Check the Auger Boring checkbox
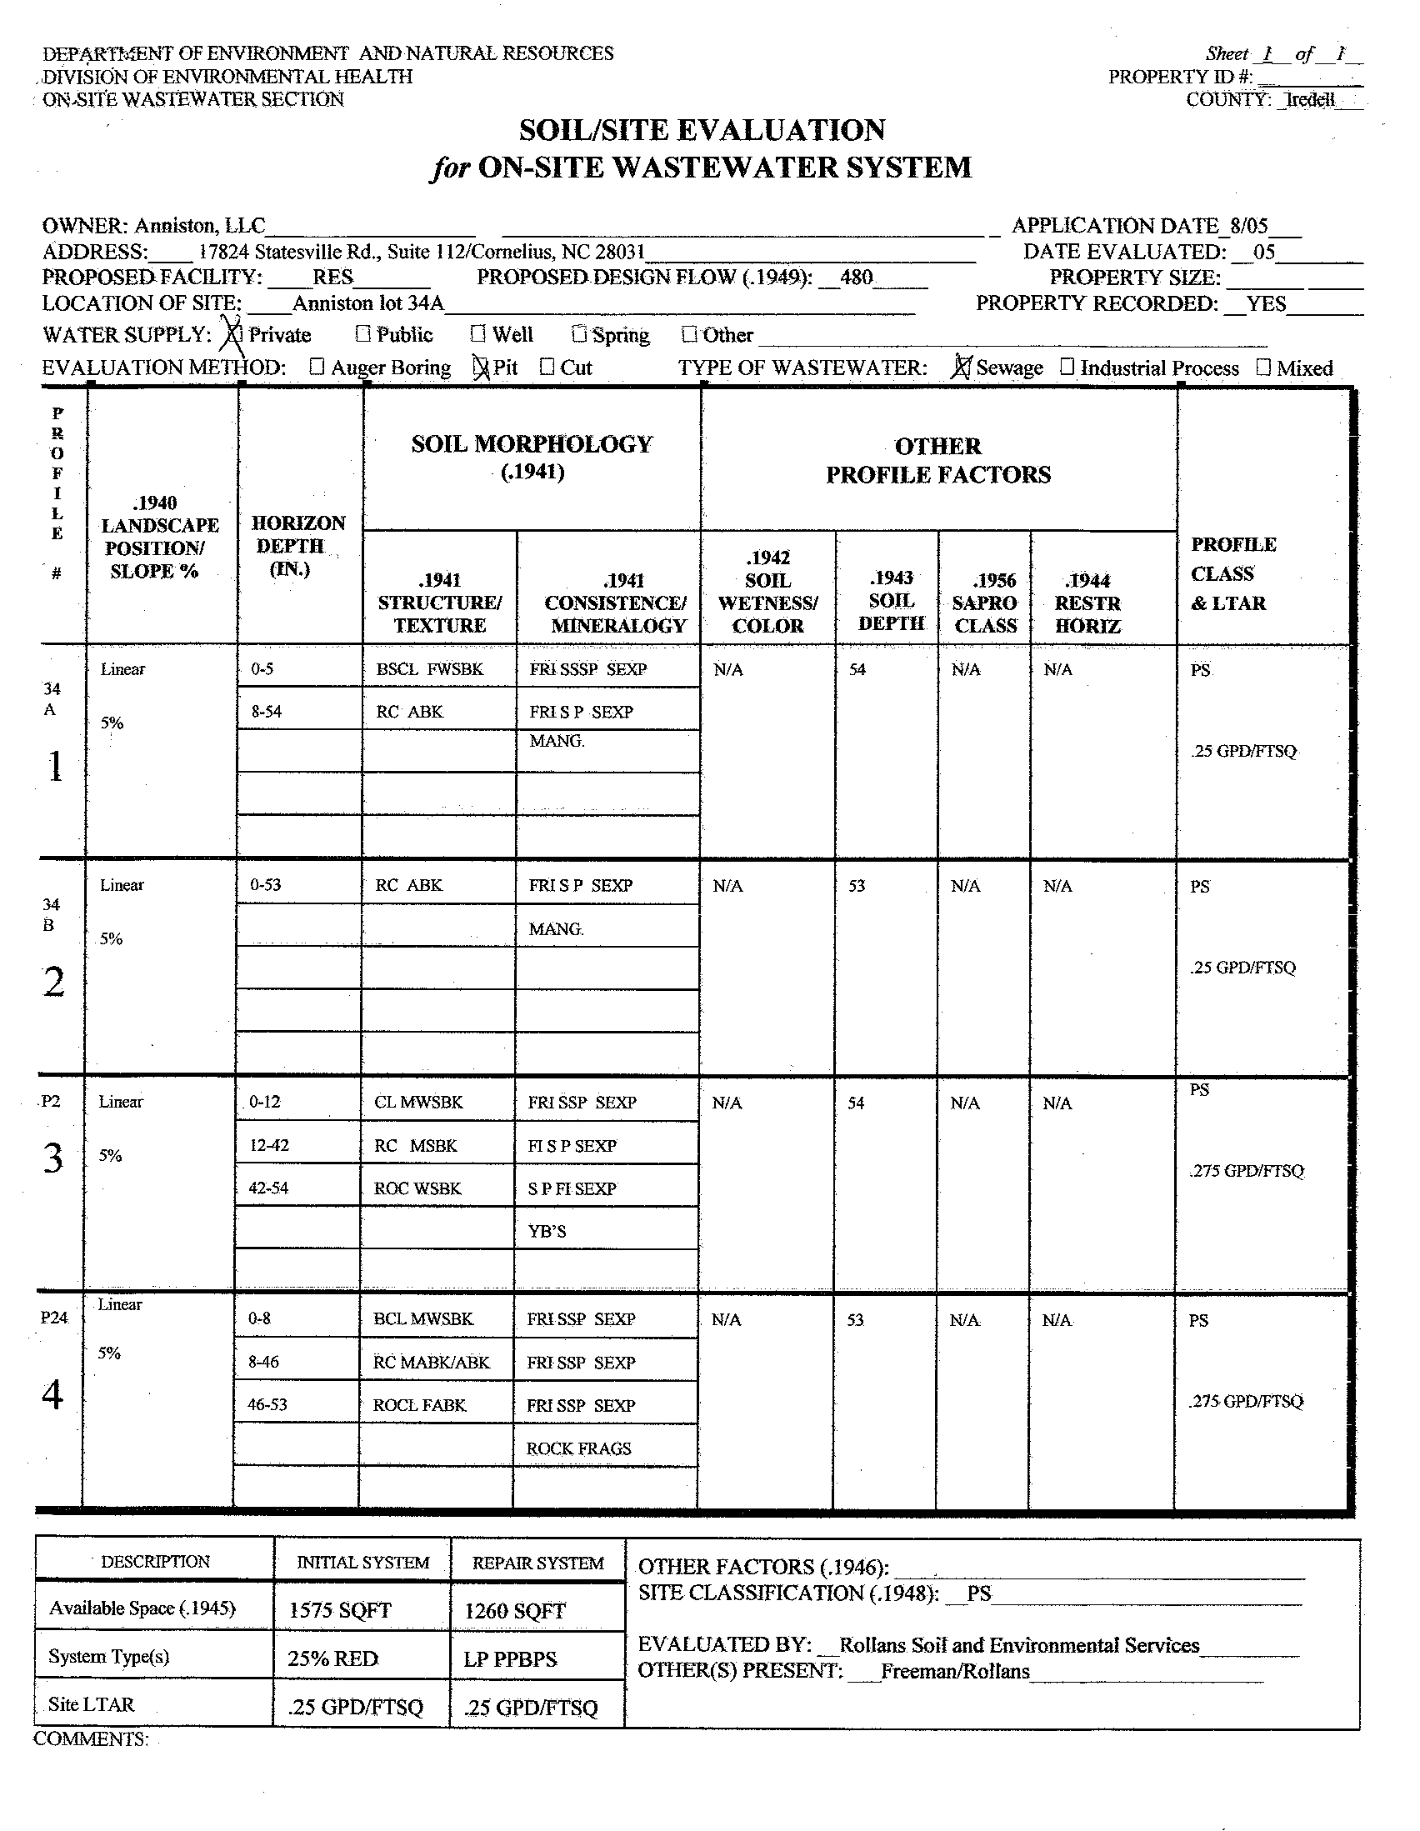[317, 367]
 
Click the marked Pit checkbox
[481, 368]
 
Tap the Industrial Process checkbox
[1067, 367]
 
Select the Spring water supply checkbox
[579, 333]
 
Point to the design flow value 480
[856, 277]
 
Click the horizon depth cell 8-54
[267, 712]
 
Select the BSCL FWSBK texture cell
[430, 669]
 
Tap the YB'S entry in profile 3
[547, 1231]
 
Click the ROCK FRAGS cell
[578, 1448]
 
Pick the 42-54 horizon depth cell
[268, 1188]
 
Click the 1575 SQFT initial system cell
[339, 1609]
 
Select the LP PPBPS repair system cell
[511, 1659]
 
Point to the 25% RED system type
[332, 1658]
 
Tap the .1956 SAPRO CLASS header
[984, 603]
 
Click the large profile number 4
[52, 1394]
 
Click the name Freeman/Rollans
[955, 1671]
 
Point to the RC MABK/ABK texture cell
[431, 1362]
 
